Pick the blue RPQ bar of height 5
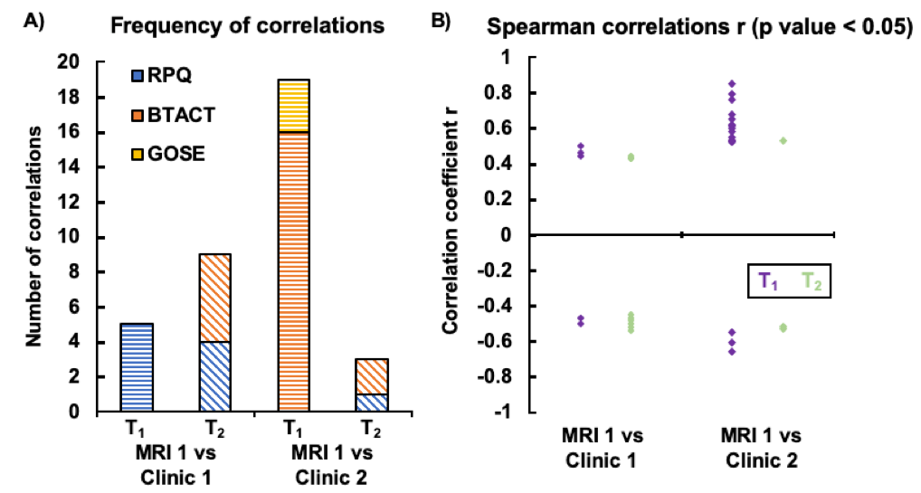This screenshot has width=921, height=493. (135, 367)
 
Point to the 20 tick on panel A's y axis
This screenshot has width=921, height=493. (93, 62)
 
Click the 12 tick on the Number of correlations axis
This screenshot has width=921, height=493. (93, 203)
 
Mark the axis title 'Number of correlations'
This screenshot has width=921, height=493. (34, 238)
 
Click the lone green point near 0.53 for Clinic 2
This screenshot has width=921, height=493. (782, 140)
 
